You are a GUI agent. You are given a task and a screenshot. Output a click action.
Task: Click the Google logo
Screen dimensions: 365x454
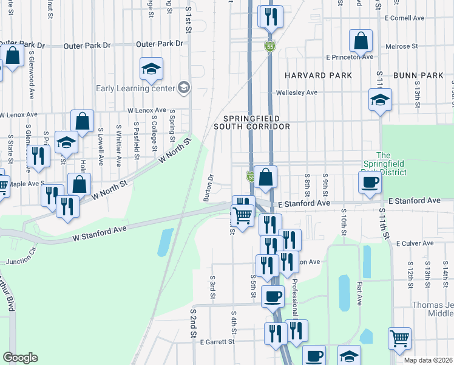click(x=20, y=358)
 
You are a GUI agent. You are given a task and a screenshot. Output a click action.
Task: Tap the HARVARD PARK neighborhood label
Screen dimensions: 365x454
click(x=314, y=75)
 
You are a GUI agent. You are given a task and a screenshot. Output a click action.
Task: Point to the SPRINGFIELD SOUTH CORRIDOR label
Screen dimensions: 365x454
click(x=251, y=122)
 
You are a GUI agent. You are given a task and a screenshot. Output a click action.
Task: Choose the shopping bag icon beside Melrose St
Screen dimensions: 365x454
click(x=361, y=41)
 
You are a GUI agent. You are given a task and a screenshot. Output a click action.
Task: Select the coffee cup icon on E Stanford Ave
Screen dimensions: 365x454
click(x=370, y=182)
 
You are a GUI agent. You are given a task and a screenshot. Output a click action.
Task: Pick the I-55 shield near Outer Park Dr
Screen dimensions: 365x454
click(x=269, y=46)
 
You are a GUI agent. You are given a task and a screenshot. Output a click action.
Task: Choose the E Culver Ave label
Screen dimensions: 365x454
click(x=415, y=243)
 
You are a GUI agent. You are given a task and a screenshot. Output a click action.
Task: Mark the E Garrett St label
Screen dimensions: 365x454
click(x=217, y=342)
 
